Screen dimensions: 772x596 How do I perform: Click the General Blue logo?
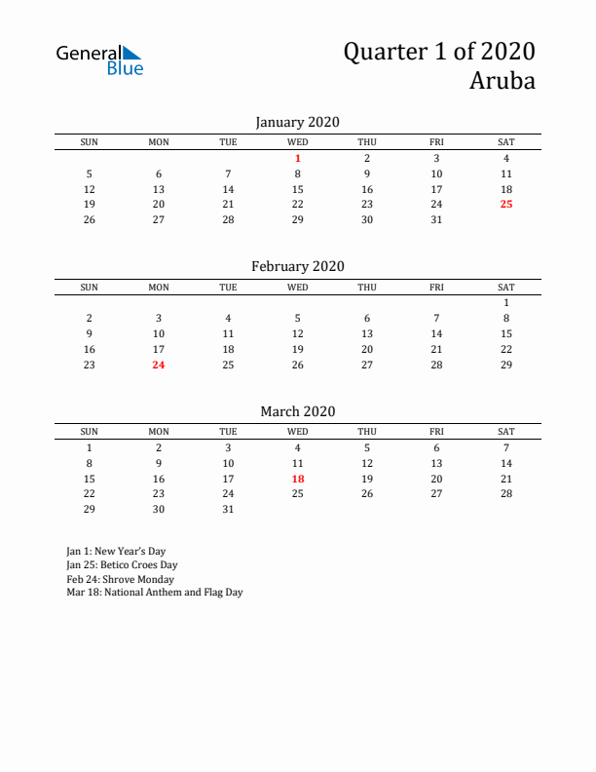pos(99,60)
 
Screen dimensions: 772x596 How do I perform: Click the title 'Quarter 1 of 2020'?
pos(438,52)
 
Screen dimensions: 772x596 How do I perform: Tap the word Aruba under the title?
pos(503,81)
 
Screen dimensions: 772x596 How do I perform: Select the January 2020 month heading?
pos(297,122)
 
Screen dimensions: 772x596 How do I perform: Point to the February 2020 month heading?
pos(297,266)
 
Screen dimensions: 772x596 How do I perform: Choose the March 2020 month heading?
pos(297,411)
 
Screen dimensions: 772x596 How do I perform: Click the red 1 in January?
pos(298,158)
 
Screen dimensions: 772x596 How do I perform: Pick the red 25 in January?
pos(506,204)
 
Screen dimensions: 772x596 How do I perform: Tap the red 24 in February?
pos(159,365)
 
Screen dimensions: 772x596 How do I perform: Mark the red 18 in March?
pos(298,478)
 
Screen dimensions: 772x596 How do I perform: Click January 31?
pos(436,219)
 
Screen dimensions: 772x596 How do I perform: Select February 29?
pos(506,365)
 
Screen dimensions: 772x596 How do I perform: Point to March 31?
pos(228,509)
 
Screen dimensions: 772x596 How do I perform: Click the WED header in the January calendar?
pos(298,142)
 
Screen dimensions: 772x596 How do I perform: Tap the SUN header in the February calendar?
pos(89,288)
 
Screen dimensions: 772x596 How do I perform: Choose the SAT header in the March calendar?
pos(506,432)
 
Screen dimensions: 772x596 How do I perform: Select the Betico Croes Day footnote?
pos(122,564)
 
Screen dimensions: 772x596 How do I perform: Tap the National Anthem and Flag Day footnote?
pos(154,592)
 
